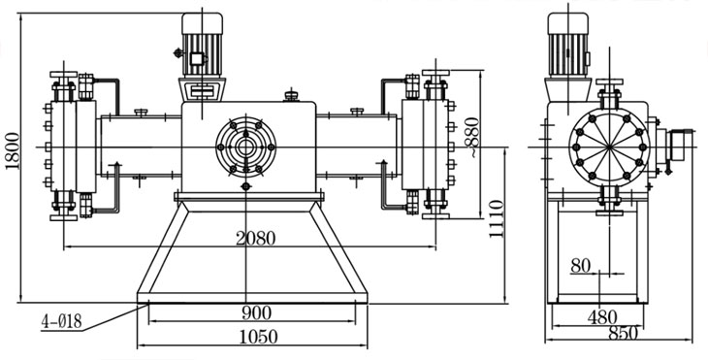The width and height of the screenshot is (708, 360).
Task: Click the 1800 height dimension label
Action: (x=13, y=150)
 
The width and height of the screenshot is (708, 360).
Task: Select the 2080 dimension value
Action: (x=255, y=238)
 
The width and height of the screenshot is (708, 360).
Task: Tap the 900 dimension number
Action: (x=256, y=312)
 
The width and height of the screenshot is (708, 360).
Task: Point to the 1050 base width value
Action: (x=258, y=337)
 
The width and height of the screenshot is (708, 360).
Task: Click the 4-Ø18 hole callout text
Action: (x=61, y=321)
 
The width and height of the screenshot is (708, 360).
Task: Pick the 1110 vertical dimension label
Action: (x=496, y=219)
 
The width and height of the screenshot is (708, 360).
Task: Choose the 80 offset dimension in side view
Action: (x=580, y=266)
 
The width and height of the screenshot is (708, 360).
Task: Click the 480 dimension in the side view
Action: (x=602, y=317)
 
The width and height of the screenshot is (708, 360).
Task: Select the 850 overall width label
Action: (x=623, y=334)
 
